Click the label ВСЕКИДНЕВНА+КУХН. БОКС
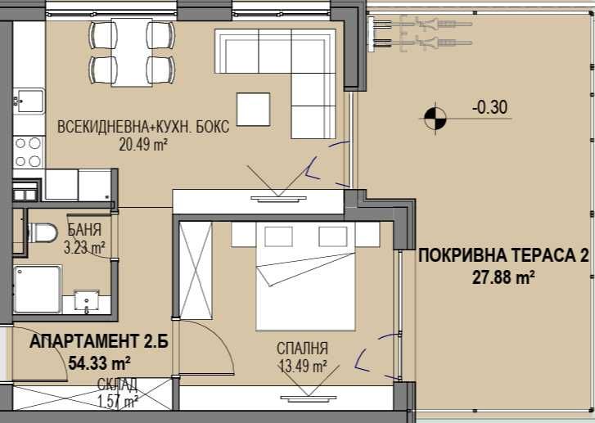[x=143, y=128]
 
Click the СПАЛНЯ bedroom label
[x=303, y=348]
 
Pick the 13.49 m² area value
[x=303, y=365]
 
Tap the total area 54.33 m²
[x=78, y=361]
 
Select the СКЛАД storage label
[x=117, y=385]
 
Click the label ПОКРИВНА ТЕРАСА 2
[x=503, y=256]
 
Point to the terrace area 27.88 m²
[x=503, y=277]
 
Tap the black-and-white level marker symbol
[x=435, y=119]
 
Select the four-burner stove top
[x=28, y=150]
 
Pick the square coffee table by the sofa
[x=254, y=110]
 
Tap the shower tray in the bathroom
[x=38, y=288]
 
